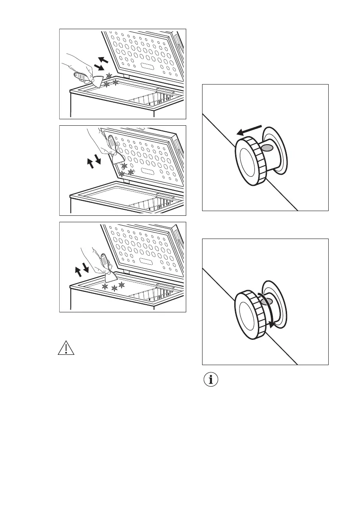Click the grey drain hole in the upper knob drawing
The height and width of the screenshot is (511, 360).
[x=267, y=148]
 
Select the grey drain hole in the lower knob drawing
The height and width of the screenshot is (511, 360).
[x=266, y=302]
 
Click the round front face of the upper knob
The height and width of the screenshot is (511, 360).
[x=246, y=166]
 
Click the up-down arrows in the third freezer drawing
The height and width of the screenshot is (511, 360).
[x=81, y=270]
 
